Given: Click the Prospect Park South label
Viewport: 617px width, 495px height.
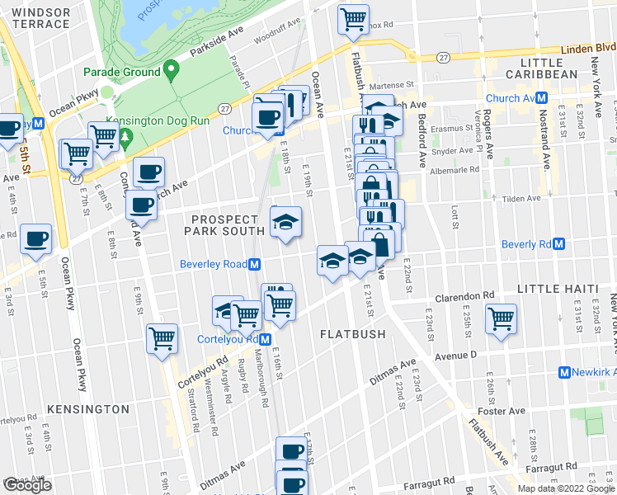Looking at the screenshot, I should click(x=228, y=225).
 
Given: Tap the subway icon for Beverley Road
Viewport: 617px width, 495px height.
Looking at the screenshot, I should click(x=256, y=265).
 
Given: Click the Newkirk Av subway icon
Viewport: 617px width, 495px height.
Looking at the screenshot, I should click(x=565, y=373).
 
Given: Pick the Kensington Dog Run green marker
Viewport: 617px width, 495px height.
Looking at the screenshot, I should click(x=125, y=134).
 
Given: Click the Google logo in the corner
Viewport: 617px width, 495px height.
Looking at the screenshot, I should click(x=27, y=485).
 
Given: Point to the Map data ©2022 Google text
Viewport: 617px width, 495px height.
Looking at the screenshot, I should click(x=565, y=488).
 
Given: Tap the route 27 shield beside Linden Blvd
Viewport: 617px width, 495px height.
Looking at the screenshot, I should click(x=444, y=57).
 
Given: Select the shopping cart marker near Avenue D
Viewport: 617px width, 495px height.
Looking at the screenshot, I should click(x=501, y=318).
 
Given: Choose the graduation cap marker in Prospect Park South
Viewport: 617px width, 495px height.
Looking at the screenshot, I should click(x=286, y=222).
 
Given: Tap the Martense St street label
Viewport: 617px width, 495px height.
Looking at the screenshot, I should click(x=390, y=85).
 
